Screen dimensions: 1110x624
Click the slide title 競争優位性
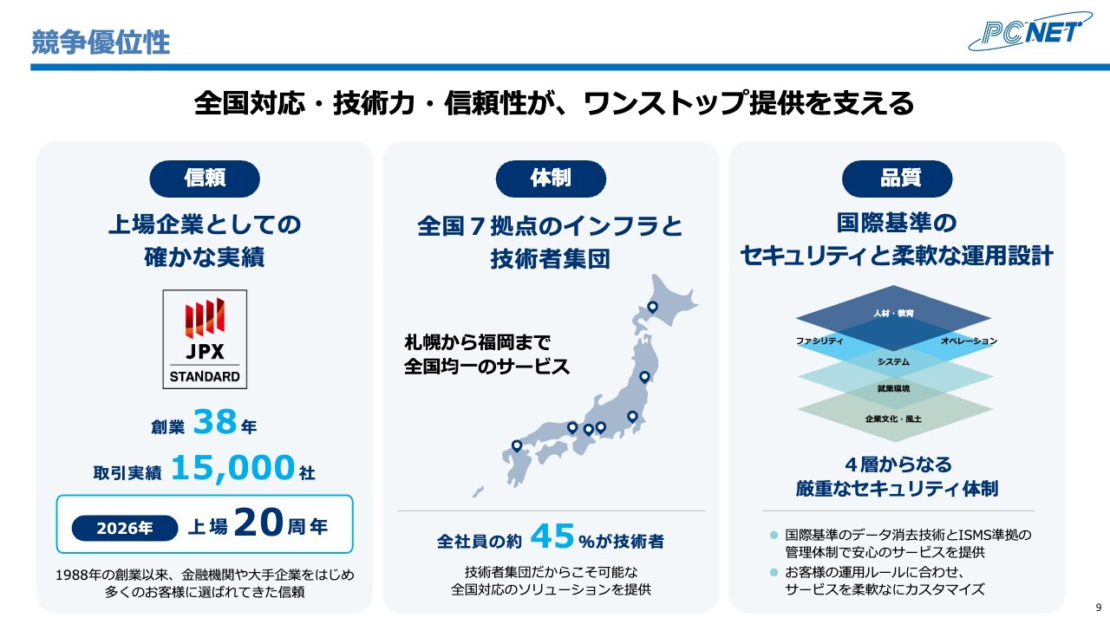pyautogui.click(x=101, y=42)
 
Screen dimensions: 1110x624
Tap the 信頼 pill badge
pyautogui.click(x=205, y=179)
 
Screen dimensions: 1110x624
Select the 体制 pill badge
pyautogui.click(x=551, y=179)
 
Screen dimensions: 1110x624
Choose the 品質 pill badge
pyautogui.click(x=897, y=179)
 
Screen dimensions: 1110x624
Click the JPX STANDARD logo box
pyautogui.click(x=205, y=339)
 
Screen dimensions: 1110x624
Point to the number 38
pyautogui.click(x=214, y=422)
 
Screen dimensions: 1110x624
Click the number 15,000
pyautogui.click(x=233, y=467)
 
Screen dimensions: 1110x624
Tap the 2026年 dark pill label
pyautogui.click(x=125, y=528)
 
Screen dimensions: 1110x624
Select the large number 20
pyautogui.click(x=258, y=523)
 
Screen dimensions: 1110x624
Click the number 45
pyautogui.click(x=552, y=536)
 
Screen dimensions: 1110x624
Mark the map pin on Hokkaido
pyautogui.click(x=653, y=307)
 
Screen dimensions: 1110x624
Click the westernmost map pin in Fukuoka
pyautogui.click(x=517, y=445)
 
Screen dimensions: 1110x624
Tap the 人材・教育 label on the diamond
pyautogui.click(x=893, y=313)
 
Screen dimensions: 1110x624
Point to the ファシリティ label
pyautogui.click(x=819, y=341)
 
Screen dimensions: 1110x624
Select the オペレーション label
pyautogui.click(x=970, y=341)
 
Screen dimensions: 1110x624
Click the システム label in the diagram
pyautogui.click(x=893, y=362)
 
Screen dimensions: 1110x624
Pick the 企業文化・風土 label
pyautogui.click(x=893, y=419)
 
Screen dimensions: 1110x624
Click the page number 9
pyautogui.click(x=1099, y=608)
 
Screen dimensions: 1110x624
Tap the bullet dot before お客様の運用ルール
pyautogui.click(x=774, y=573)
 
